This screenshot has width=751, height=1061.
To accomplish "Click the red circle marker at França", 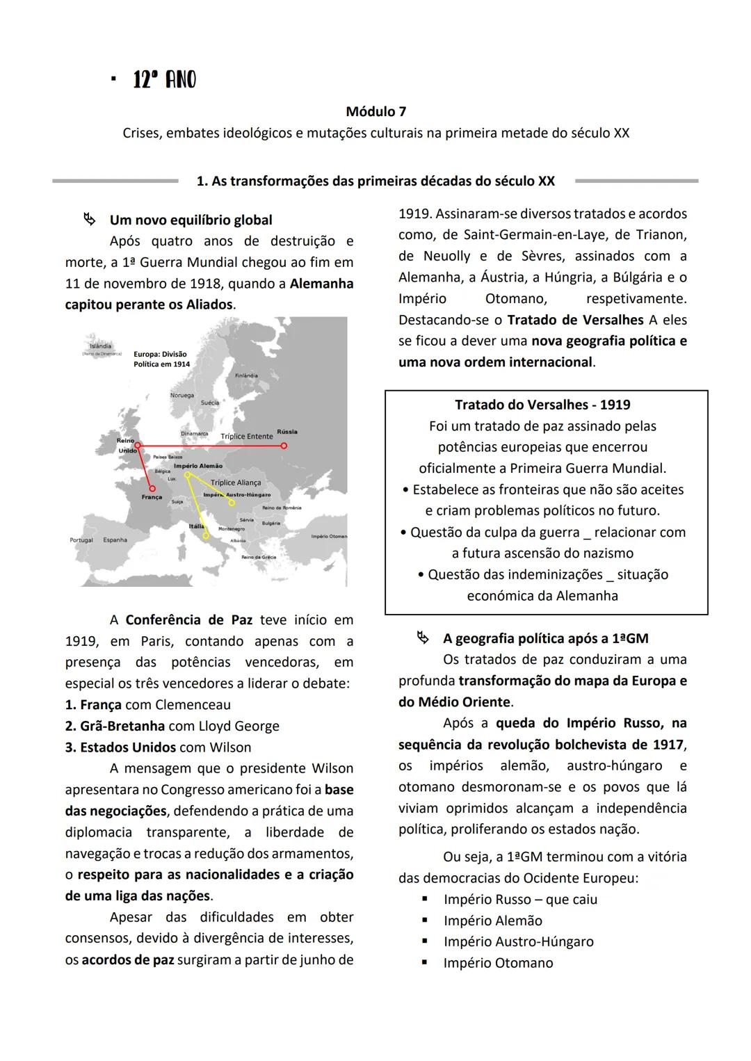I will [152, 488].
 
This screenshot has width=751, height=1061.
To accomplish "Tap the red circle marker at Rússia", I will [283, 446].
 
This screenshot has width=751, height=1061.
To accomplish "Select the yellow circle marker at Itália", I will [206, 536].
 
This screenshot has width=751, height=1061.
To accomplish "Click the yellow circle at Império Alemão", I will [187, 475].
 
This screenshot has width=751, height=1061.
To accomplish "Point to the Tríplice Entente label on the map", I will [246, 437].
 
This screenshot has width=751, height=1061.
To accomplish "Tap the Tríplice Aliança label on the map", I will [236, 483].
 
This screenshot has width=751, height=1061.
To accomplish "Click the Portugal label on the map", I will [81, 540].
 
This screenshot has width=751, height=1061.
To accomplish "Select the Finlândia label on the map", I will [246, 375].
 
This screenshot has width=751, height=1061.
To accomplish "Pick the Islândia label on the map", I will [101, 346].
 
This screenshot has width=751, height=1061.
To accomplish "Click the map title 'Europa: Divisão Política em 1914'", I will [161, 359].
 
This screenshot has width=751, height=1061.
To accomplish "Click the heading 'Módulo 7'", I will [375, 111].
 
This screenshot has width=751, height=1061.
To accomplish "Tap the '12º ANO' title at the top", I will [164, 81].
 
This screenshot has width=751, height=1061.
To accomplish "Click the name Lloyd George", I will [239, 726].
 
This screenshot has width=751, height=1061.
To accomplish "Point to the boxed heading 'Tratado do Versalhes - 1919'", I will [542, 405].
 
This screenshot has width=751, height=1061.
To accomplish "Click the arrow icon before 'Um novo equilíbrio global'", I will [89, 220].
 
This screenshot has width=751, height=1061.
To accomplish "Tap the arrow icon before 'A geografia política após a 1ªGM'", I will [421, 638].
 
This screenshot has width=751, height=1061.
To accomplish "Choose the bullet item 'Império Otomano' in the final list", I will [498, 963].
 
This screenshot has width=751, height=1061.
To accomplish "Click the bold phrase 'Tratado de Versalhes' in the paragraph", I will [575, 320].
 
